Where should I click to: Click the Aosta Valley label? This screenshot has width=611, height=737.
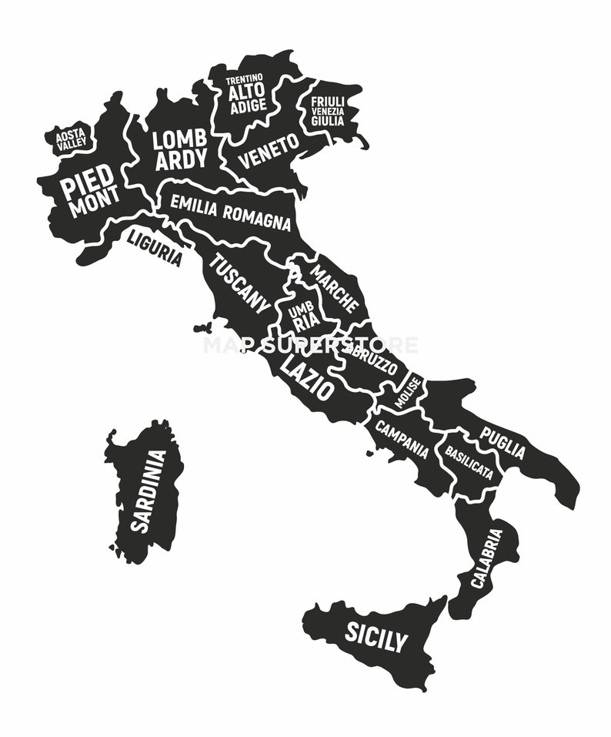(71, 139)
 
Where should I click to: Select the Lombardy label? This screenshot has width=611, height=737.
(180, 149)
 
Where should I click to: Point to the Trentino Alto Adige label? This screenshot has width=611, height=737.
(246, 94)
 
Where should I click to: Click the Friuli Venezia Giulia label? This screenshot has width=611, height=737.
(328, 111)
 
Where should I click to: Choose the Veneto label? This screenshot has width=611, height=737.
(269, 151)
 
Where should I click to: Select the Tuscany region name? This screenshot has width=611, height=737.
(240, 283)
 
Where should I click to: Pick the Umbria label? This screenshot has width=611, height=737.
(301, 317)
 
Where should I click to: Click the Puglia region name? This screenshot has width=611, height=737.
(503, 443)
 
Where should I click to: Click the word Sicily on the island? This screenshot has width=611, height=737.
(375, 636)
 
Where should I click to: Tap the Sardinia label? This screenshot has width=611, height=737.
(148, 491)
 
